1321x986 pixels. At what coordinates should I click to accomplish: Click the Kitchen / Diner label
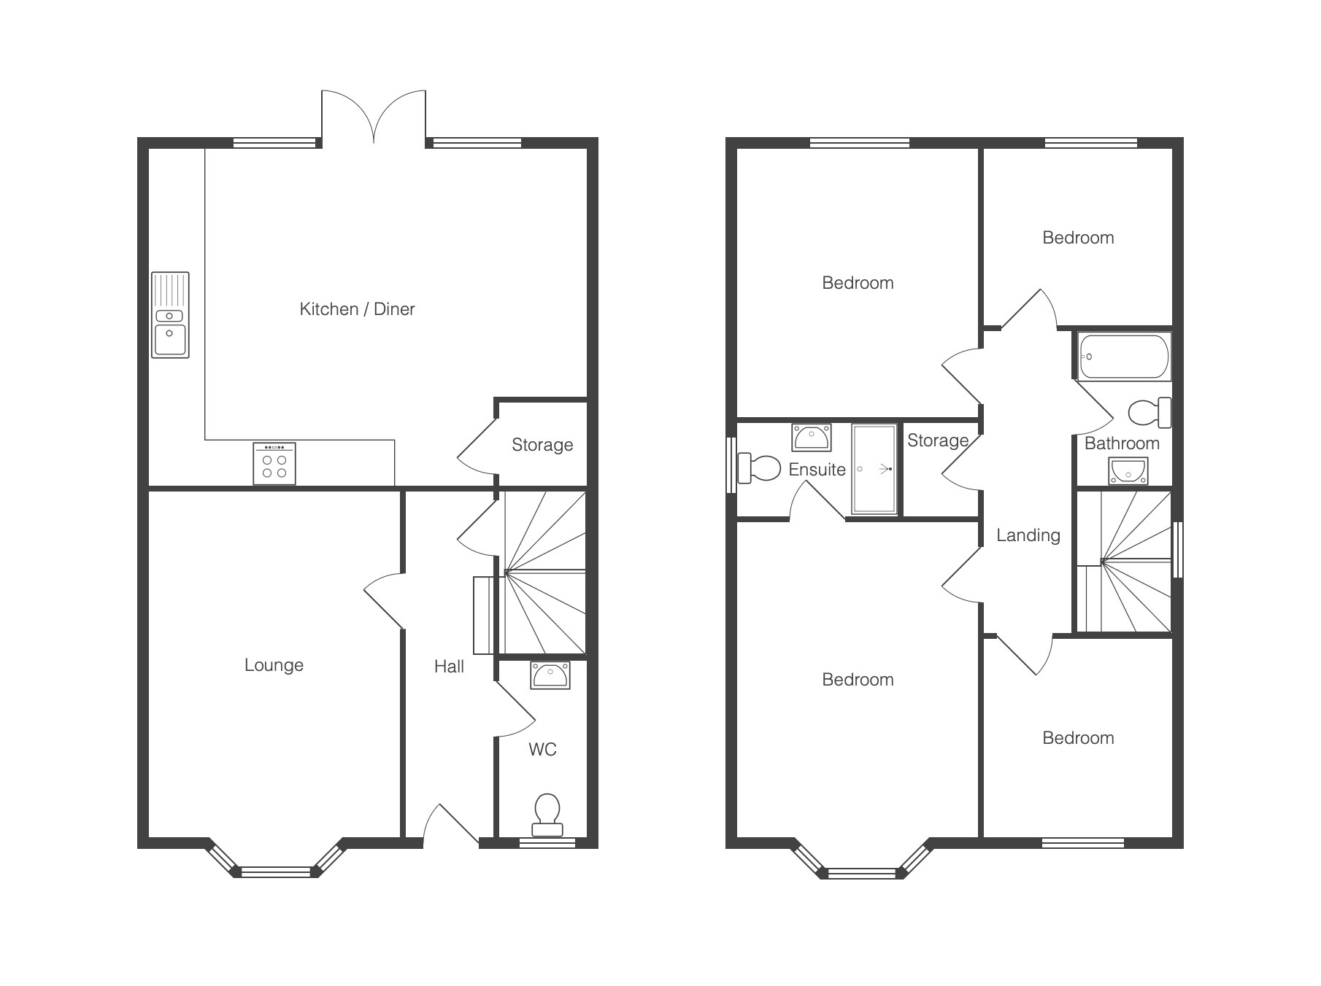(x=357, y=309)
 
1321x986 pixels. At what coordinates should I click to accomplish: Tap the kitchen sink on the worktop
(x=170, y=315)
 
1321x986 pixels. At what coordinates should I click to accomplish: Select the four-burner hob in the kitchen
(x=274, y=463)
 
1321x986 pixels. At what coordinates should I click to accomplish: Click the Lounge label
(x=274, y=665)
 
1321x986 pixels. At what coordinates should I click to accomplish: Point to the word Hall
(x=449, y=666)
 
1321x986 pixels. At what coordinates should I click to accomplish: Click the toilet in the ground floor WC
(x=547, y=815)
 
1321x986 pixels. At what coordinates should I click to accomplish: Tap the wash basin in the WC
(x=550, y=675)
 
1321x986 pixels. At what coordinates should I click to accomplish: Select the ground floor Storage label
(x=542, y=445)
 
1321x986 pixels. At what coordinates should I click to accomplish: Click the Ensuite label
(x=817, y=470)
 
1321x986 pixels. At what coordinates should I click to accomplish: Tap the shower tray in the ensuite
(x=874, y=469)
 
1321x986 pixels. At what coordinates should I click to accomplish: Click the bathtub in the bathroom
(x=1123, y=357)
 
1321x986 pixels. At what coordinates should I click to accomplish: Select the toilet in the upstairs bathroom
(x=1149, y=413)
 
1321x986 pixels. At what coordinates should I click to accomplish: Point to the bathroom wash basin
(x=1128, y=471)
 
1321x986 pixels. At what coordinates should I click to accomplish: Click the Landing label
(x=1028, y=535)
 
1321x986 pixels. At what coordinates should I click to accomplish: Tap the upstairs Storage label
(x=938, y=440)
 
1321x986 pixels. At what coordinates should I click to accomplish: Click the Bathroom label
(x=1122, y=443)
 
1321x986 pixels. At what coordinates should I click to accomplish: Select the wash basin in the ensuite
(x=812, y=438)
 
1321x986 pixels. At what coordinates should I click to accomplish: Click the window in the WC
(x=547, y=843)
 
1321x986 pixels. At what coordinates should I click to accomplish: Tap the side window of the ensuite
(x=731, y=465)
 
